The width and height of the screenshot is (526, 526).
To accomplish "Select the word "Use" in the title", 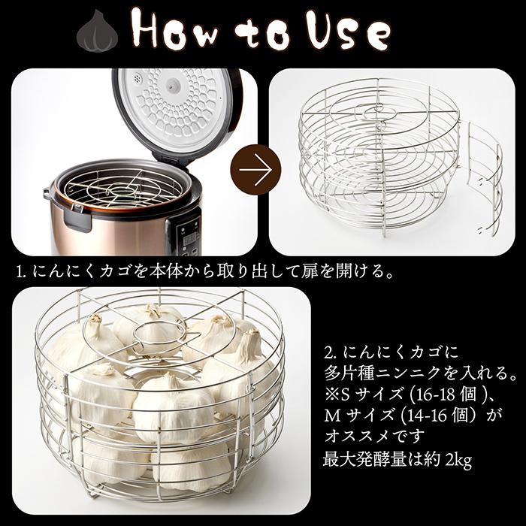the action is pos(349,31).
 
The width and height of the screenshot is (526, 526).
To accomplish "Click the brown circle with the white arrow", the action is pos(255,170).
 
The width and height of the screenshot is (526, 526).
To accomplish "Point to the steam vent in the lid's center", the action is pos(174,85).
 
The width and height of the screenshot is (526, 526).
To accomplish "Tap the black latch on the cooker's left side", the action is pos(78,219).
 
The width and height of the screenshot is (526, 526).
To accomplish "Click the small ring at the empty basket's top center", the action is pos(378,110).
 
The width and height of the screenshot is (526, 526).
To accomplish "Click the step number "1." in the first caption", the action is pos(21,272).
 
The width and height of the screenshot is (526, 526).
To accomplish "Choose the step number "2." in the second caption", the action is pos(331,353).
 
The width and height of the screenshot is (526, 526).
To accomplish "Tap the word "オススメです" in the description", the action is pos(374,436).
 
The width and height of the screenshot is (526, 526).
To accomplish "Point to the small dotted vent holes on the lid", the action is pos(136,79).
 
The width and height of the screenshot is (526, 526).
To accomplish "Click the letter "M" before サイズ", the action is pos(332,416).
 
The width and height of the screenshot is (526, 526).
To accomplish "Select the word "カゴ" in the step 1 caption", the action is pos(114,272).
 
